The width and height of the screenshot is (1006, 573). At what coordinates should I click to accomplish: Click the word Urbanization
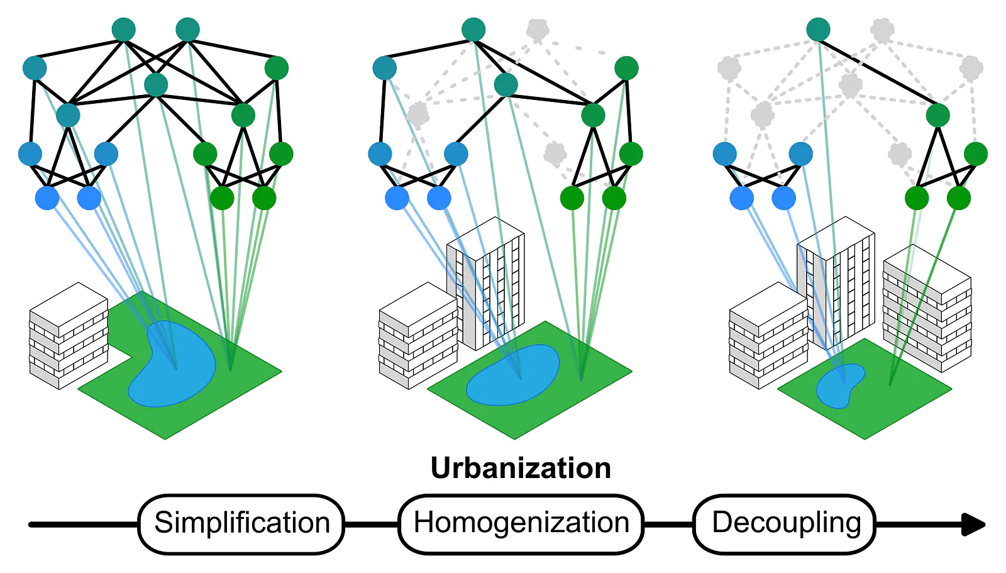point(521,468)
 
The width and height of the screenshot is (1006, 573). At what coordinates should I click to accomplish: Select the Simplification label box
point(241,524)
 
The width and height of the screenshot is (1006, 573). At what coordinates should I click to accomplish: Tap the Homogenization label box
point(521,524)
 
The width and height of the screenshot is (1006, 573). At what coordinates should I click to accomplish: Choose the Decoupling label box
point(785,524)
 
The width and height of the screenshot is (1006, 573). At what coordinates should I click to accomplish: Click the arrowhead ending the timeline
point(974,525)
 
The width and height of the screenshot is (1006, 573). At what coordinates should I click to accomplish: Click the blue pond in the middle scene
point(512,375)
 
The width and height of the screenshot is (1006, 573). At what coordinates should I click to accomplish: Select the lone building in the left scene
point(69,336)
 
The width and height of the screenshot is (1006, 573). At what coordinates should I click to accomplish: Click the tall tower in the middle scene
point(485,283)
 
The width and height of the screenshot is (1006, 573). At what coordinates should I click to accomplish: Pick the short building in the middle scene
point(419,336)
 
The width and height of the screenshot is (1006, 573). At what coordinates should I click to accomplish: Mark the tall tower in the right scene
point(836,283)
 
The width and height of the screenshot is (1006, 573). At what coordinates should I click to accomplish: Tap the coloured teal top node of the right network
point(818,30)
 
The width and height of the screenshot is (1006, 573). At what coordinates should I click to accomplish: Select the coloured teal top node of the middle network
point(473,30)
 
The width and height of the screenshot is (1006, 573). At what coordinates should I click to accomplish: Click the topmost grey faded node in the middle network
point(538,30)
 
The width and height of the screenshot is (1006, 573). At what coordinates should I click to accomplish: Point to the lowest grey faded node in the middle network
point(556,154)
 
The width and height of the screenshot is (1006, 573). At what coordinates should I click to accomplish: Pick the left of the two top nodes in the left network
point(123,30)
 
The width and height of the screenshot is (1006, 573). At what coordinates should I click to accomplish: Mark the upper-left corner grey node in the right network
point(729,69)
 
